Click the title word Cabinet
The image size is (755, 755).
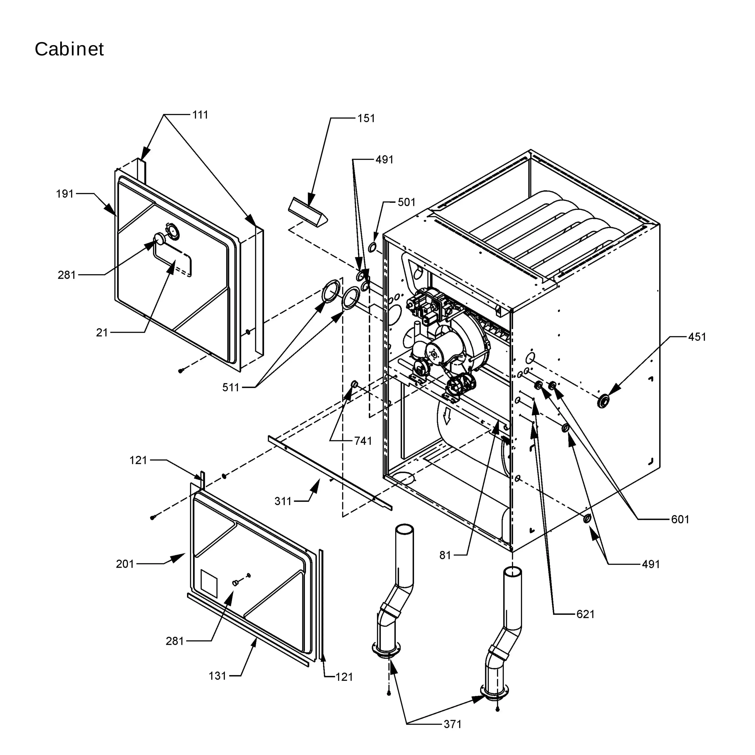pyautogui.click(x=69, y=49)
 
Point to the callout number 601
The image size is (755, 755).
pyautogui.click(x=680, y=519)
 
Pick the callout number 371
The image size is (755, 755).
pyautogui.click(x=453, y=724)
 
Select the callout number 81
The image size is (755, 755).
pyautogui.click(x=445, y=555)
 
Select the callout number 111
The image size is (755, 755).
pyautogui.click(x=200, y=115)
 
